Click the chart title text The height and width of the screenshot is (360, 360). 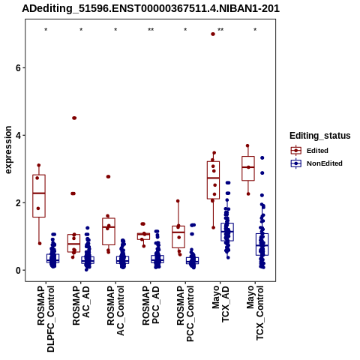click(x=151, y=8)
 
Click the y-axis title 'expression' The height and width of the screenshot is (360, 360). click(x=8, y=150)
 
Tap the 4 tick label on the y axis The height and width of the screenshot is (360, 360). click(x=19, y=135)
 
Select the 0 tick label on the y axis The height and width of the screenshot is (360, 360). click(x=19, y=270)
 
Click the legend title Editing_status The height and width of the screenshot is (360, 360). click(x=320, y=136)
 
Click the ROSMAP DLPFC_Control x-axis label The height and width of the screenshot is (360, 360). click(x=46, y=319)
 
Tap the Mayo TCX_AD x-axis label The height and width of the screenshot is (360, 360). click(x=220, y=304)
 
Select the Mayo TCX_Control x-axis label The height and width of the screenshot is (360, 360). click(x=255, y=313)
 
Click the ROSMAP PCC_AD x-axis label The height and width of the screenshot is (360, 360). click(x=151, y=305)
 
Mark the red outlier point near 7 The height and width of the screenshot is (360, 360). click(x=213, y=34)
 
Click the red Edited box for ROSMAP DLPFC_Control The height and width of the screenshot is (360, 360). click(x=39, y=196)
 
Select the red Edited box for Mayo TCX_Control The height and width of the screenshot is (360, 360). click(x=248, y=168)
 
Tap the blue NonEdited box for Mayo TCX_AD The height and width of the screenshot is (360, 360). click(x=227, y=232)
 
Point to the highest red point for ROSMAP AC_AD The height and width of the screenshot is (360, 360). click(x=74, y=118)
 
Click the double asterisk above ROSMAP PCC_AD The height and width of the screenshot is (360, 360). click(x=151, y=30)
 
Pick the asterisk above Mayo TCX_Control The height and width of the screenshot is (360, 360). click(x=255, y=30)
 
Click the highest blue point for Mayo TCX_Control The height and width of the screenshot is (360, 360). click(x=262, y=157)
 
